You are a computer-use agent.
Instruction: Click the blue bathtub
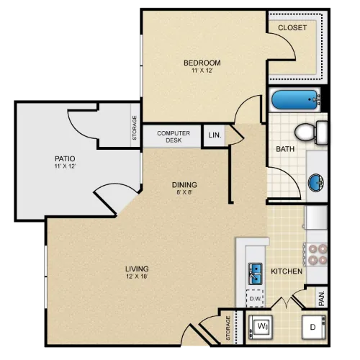(294, 99)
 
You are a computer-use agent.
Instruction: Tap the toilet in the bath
(311, 132)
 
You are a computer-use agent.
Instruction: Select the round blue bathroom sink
(316, 182)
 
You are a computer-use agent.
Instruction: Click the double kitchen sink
(255, 274)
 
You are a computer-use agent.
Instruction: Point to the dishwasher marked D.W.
(255, 298)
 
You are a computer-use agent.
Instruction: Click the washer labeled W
(261, 328)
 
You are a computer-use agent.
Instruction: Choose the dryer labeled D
(314, 328)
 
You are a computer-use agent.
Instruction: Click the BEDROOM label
(202, 63)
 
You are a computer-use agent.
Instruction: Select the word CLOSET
(292, 28)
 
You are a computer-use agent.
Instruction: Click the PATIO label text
(65, 158)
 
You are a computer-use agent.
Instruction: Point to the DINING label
(184, 185)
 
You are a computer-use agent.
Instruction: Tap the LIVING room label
(137, 269)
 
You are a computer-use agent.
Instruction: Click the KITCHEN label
(287, 271)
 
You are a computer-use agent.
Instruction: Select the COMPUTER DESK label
(174, 137)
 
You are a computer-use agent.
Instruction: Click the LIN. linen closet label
(215, 135)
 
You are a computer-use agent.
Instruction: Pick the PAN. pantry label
(322, 298)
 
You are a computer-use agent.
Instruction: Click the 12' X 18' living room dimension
(137, 276)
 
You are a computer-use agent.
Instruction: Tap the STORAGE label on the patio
(135, 128)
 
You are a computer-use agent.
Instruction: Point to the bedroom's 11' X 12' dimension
(202, 71)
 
